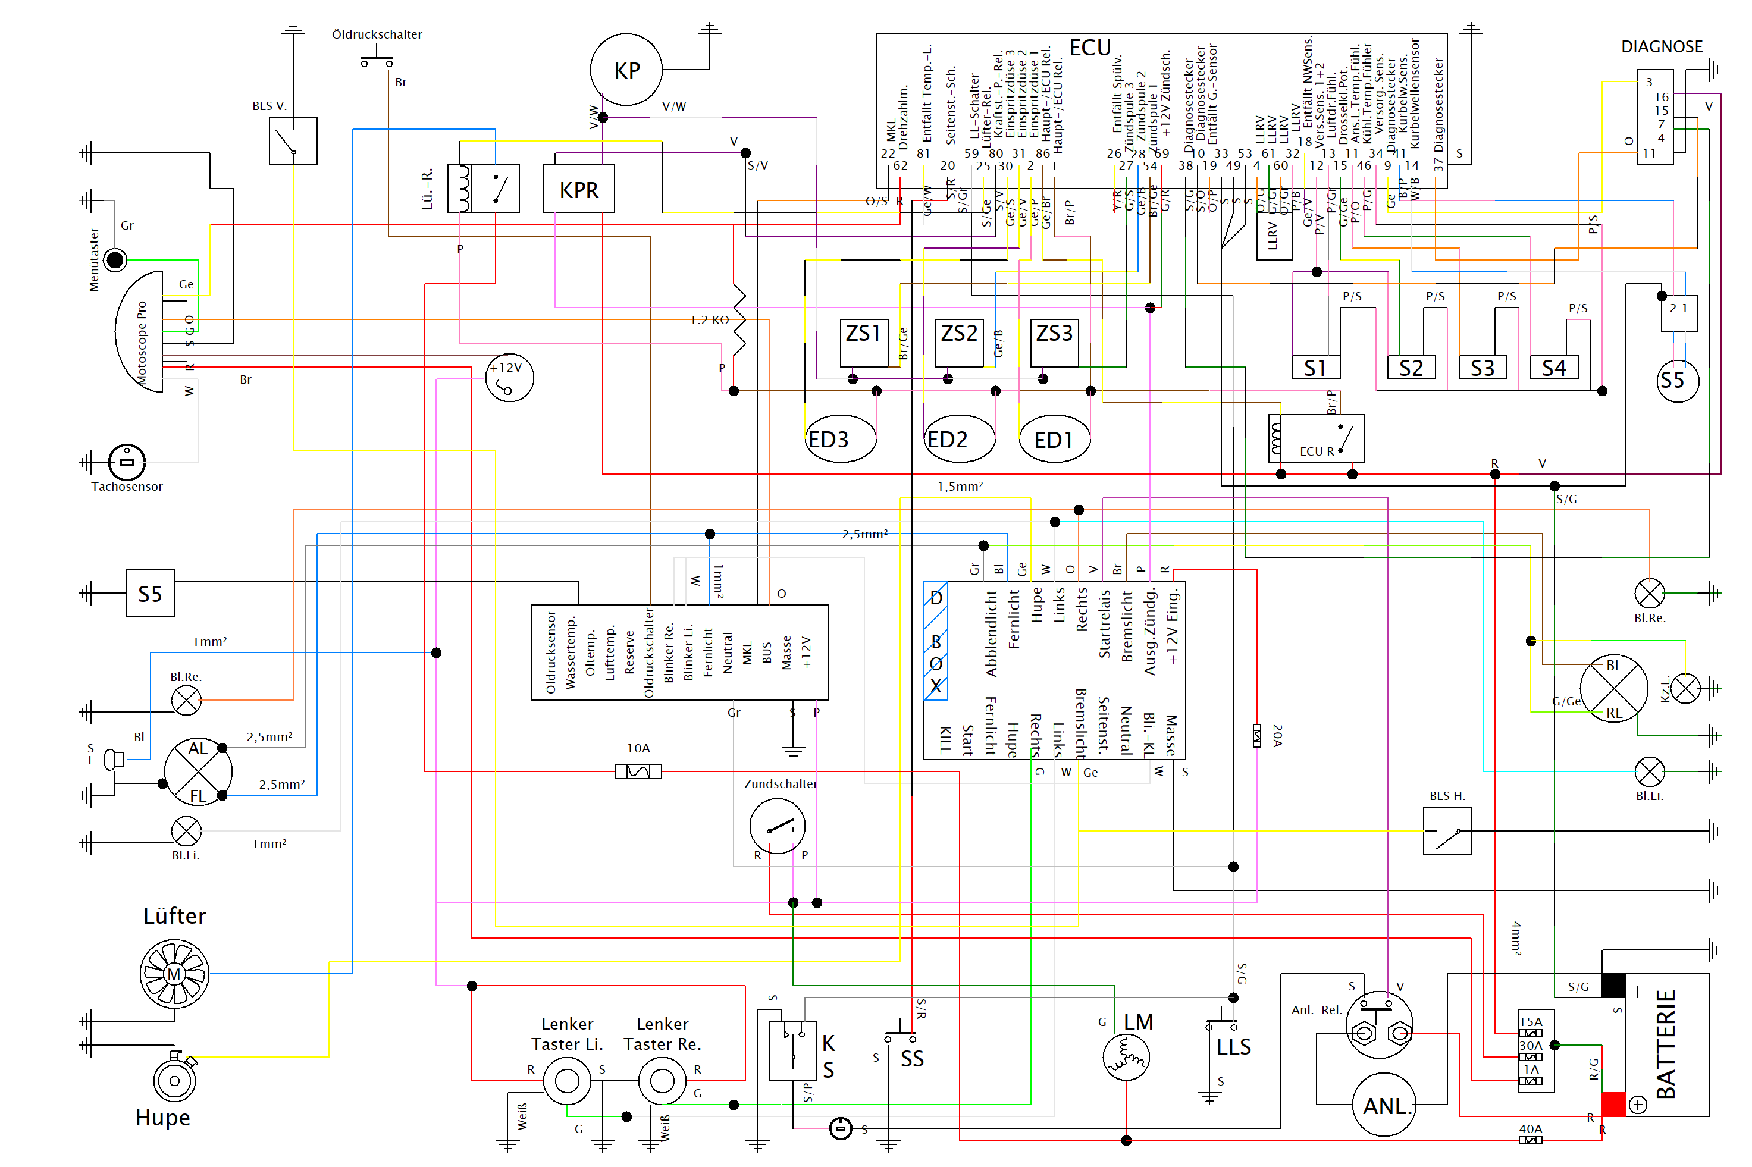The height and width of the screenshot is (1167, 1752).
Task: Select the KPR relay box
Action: [578, 189]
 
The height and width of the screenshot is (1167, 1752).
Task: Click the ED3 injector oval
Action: [839, 439]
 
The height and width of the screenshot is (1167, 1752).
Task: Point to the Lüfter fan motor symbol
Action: [174, 974]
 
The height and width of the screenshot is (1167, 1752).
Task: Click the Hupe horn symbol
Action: [174, 1080]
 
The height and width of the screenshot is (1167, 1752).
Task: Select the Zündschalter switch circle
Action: [776, 826]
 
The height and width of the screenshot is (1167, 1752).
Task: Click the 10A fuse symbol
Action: [638, 771]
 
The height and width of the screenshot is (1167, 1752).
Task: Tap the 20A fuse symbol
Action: [1256, 735]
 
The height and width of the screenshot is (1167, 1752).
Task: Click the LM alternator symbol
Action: [1126, 1057]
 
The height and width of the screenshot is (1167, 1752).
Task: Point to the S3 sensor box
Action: [1482, 367]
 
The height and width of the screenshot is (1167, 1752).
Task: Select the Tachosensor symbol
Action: [127, 462]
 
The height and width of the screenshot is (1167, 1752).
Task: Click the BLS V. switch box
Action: [293, 140]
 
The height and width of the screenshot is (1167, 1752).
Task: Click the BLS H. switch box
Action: [1446, 830]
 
